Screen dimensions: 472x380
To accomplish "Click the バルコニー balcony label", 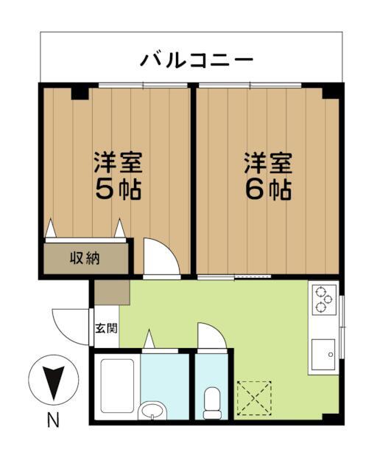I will pyautogui.click(x=197, y=59).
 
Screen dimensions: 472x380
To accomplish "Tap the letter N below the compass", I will pyautogui.click(x=53, y=421).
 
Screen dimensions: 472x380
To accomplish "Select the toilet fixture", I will pyautogui.click(x=212, y=401).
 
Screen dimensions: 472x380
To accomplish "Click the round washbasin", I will pyautogui.click(x=153, y=410).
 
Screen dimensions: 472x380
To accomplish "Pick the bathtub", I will pyautogui.click(x=116, y=386).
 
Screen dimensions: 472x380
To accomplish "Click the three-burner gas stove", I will pyautogui.click(x=323, y=299).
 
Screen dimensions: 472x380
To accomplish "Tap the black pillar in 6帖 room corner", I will pyautogui.click(x=333, y=91).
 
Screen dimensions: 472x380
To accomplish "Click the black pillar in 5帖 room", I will pyautogui.click(x=79, y=92).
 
